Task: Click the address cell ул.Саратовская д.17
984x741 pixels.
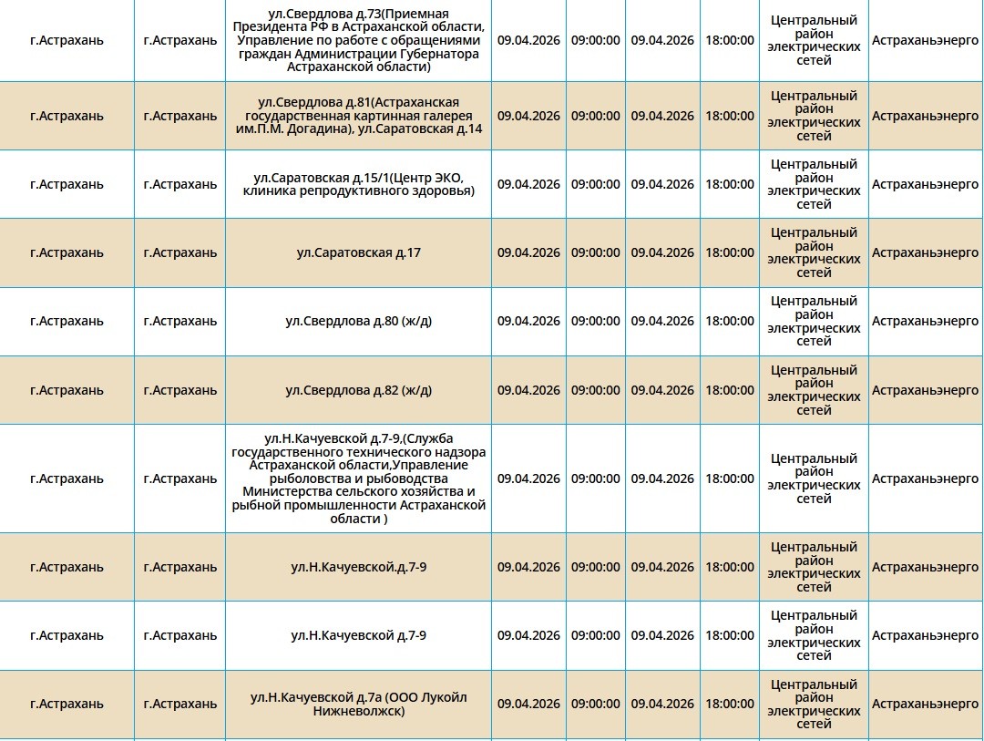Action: (358, 252)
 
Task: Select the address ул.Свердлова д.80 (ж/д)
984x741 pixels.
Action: (358, 321)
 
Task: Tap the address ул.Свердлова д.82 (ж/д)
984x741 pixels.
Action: (358, 390)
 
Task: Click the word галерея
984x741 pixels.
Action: (450, 116)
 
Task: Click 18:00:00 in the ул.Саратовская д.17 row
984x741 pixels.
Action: (729, 252)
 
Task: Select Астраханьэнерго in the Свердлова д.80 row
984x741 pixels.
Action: (925, 321)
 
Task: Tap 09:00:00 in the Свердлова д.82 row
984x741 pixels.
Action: (595, 390)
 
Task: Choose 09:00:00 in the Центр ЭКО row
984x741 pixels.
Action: (595, 184)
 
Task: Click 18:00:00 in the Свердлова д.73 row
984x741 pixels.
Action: (729, 40)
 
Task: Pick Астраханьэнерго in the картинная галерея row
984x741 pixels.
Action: (925, 116)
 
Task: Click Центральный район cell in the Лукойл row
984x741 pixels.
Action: (814, 704)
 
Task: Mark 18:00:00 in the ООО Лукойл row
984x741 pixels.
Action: (729, 704)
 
